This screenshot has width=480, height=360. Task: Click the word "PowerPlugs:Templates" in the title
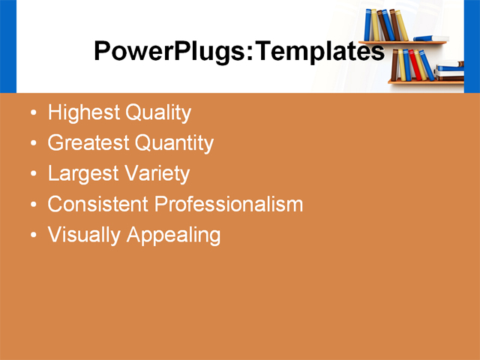238,52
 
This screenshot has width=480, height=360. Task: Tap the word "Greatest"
88,143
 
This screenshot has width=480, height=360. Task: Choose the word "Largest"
82,174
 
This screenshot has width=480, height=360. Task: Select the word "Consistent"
98,204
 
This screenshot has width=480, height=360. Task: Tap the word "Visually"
84,235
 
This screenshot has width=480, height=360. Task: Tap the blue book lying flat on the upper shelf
430,38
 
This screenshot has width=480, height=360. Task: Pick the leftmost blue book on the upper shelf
368,25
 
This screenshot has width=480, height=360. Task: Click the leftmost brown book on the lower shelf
394,65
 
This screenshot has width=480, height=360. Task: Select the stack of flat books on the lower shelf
450,71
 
